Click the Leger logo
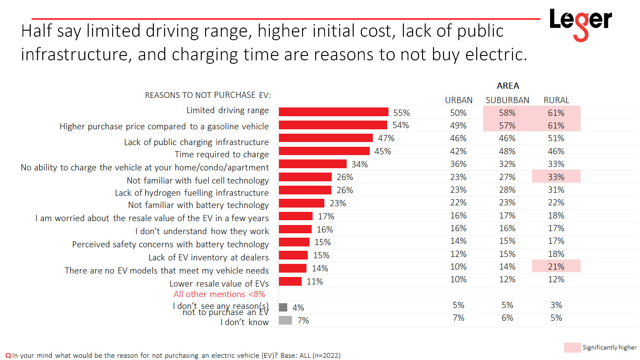pyautogui.click(x=580, y=24)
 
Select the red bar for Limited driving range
pyautogui.click(x=334, y=112)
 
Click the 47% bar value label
pyautogui.click(x=386, y=138)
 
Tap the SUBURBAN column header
pyautogui.click(x=507, y=100)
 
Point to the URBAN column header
pyautogui.click(x=458, y=100)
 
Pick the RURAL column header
pyautogui.click(x=556, y=100)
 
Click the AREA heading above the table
pyautogui.click(x=508, y=86)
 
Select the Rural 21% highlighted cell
pyautogui.click(x=556, y=267)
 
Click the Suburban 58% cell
pyautogui.click(x=507, y=113)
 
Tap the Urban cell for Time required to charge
pyautogui.click(x=458, y=151)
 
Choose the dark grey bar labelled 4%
pyautogui.click(x=283, y=308)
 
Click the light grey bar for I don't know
pyautogui.click(x=285, y=320)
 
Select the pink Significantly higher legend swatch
pyautogui.click(x=572, y=347)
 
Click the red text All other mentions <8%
pyautogui.click(x=219, y=294)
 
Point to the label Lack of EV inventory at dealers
pyautogui.click(x=208, y=257)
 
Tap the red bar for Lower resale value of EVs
pyautogui.click(x=290, y=281)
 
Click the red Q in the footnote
pyautogui.click(x=8, y=356)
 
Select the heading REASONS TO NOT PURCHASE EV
pyautogui.click(x=208, y=95)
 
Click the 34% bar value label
pyautogui.click(x=360, y=164)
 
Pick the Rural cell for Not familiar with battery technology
pyautogui.click(x=556, y=202)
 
